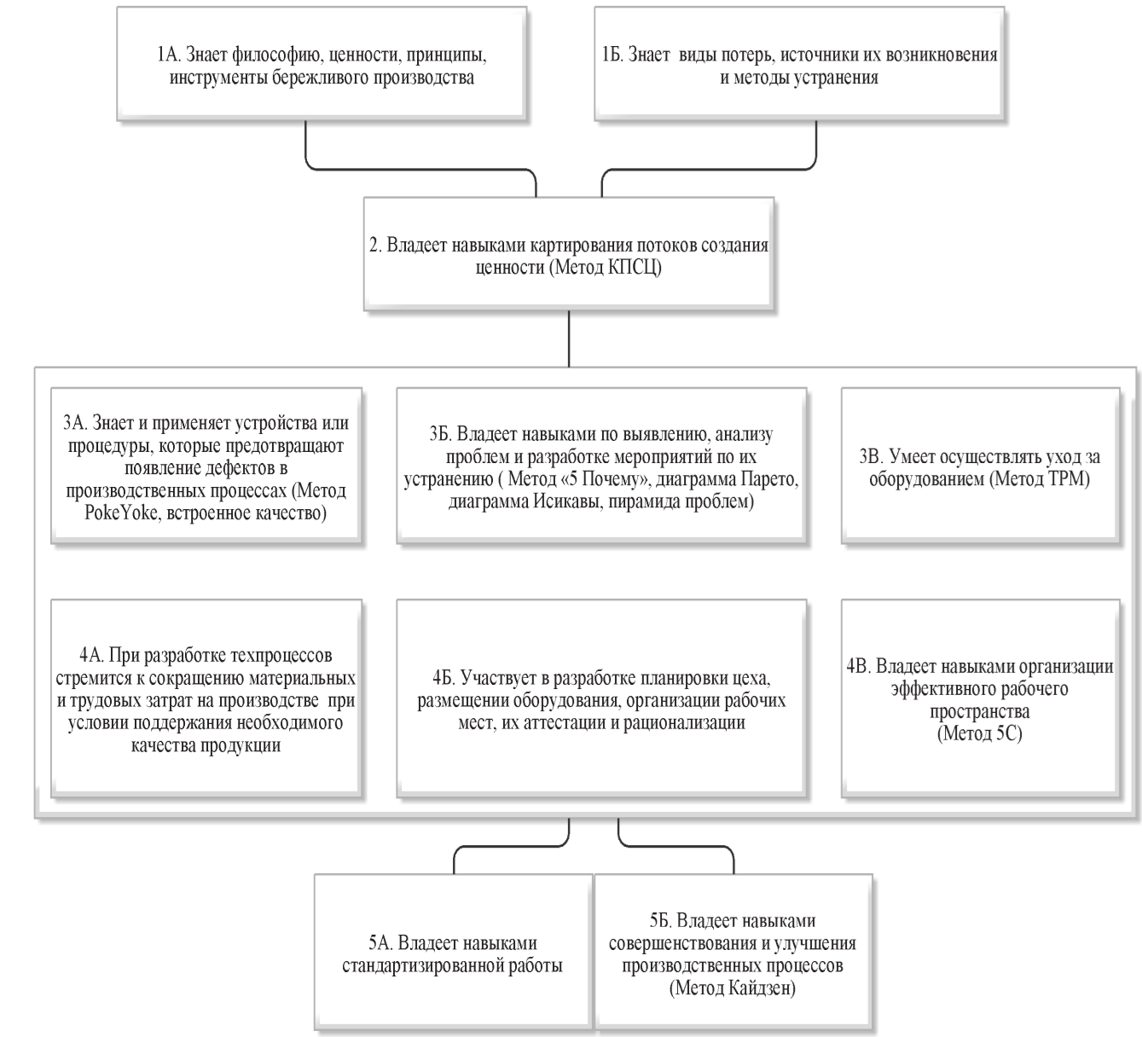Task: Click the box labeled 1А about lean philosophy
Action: (x=322, y=63)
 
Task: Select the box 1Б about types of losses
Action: (x=799, y=63)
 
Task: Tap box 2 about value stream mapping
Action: (x=569, y=254)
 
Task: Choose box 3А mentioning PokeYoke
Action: (x=206, y=466)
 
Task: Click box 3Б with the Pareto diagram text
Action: (x=601, y=466)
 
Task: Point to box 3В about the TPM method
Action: (x=980, y=466)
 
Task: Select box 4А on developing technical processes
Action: (x=206, y=698)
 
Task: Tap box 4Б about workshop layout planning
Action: (x=601, y=698)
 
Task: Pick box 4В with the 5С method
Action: (x=980, y=698)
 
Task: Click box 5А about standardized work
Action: (x=453, y=953)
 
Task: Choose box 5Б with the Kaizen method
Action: (x=733, y=953)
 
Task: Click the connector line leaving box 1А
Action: (x=421, y=169)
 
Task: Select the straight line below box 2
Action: (x=569, y=339)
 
